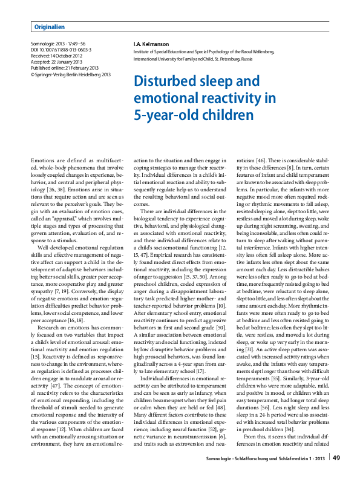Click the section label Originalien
[50, 27]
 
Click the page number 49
[336, 458]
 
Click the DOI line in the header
[61, 50]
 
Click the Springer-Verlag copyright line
[70, 74]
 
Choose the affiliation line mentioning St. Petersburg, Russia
[200, 61]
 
